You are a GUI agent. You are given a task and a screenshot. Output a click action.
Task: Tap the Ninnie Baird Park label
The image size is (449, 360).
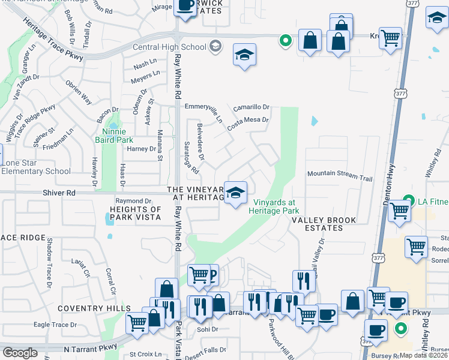point(114,136)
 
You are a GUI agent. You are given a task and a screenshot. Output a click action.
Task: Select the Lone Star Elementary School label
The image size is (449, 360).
point(36,167)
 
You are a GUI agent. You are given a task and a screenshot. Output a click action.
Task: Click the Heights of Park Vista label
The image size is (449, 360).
point(136,213)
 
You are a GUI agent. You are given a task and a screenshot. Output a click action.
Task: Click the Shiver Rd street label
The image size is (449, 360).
point(59,193)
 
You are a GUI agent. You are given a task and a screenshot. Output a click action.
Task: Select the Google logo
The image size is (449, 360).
point(20,353)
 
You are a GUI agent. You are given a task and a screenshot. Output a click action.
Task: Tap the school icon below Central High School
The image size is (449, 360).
point(244,56)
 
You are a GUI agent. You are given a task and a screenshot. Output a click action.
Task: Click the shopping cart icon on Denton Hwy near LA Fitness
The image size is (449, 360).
point(399,211)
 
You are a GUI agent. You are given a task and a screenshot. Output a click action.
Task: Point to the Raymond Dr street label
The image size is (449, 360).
point(133,201)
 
